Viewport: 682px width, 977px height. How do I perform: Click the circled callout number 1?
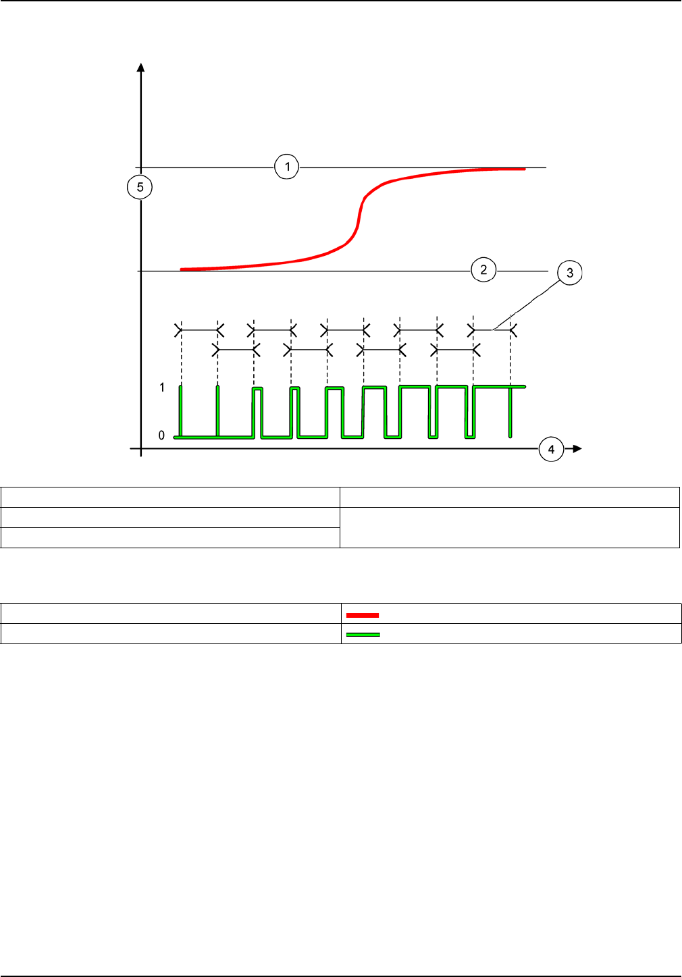click(287, 167)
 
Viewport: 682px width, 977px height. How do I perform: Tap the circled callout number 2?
click(483, 270)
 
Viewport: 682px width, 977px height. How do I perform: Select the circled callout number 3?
click(570, 273)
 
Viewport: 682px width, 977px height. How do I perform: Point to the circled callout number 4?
click(551, 449)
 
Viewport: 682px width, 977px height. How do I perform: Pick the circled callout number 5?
click(140, 187)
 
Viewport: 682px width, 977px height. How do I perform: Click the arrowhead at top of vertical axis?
click(140, 67)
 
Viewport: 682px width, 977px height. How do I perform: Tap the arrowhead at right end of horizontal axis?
click(575, 448)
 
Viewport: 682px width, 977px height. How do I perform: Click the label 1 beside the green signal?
click(162, 388)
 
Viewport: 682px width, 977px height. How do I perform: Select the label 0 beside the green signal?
click(161, 435)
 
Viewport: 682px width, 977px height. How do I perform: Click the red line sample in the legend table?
click(363, 615)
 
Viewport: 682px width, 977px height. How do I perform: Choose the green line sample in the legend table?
click(363, 635)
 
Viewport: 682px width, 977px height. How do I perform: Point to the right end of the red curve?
click(523, 169)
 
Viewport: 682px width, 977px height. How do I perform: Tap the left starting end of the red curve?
click(182, 269)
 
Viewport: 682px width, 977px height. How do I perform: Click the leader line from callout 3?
click(527, 302)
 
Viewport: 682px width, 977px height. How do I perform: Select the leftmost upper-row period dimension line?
click(199, 330)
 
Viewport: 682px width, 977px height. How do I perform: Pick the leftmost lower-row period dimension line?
click(236, 350)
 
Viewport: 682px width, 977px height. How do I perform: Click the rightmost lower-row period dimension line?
click(455, 350)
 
